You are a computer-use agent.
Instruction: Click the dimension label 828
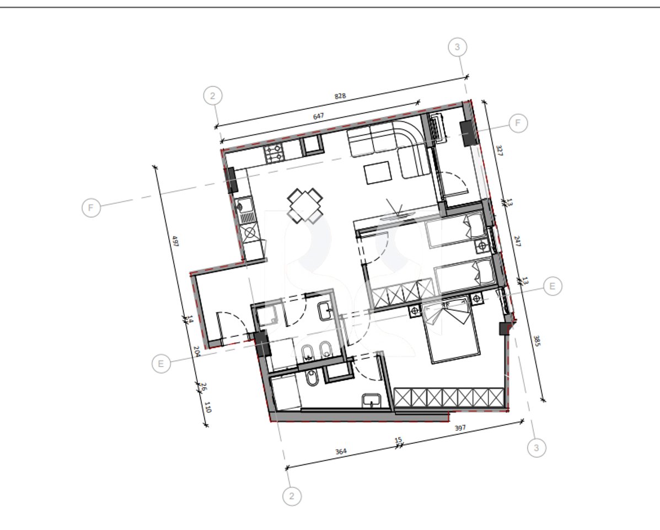[x=340, y=96]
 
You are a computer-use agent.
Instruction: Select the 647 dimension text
[x=318, y=116]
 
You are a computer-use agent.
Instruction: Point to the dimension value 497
[x=176, y=241]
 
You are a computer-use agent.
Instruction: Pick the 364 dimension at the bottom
[x=341, y=452]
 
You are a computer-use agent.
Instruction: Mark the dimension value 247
[x=517, y=241]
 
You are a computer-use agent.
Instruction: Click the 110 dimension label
[x=208, y=408]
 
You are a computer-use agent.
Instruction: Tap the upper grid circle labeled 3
[x=457, y=47]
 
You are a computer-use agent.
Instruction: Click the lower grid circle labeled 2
[x=292, y=496]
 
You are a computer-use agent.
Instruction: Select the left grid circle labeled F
[x=91, y=208]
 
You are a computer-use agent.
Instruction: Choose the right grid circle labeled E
[x=552, y=286]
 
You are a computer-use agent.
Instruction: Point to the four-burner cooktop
[x=275, y=153]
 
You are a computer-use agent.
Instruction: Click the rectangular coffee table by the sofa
[x=378, y=173]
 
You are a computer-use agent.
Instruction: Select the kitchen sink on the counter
[x=243, y=207]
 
